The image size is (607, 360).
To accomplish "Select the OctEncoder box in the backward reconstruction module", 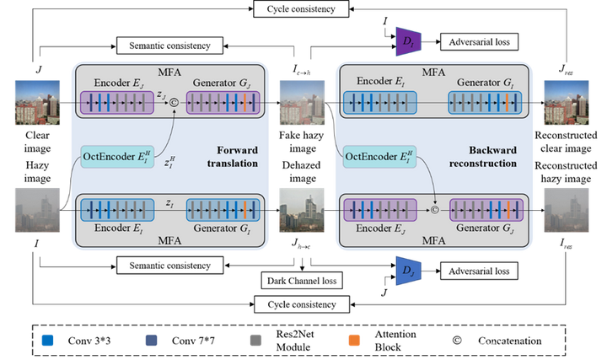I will point(380,156).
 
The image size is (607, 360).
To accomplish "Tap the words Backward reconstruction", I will point(492,157).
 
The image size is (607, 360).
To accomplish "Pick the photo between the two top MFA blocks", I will point(302,103).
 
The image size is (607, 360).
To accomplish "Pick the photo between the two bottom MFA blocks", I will point(302,211).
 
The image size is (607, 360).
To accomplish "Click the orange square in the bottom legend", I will point(354,340).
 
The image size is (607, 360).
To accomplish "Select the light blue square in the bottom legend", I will point(47,340).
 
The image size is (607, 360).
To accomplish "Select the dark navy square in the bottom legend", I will point(152,340).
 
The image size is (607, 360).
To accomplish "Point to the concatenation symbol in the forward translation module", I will point(175,103).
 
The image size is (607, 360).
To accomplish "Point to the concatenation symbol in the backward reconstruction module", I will point(436,208).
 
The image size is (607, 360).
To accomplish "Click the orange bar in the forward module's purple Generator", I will point(244,103).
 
